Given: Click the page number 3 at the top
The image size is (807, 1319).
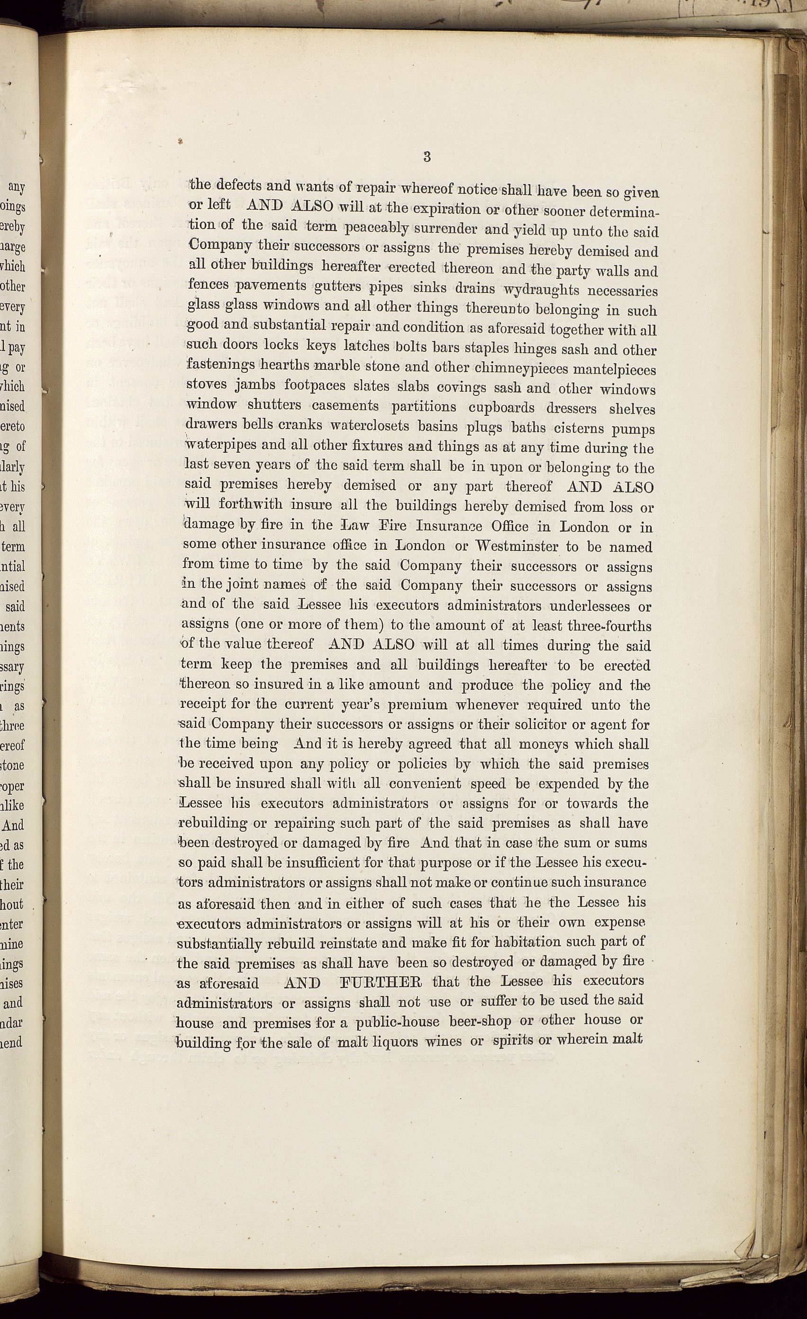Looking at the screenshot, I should [x=426, y=157].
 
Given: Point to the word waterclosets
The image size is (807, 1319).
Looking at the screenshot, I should [x=369, y=427].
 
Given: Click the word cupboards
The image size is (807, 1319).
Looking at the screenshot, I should [x=501, y=408].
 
